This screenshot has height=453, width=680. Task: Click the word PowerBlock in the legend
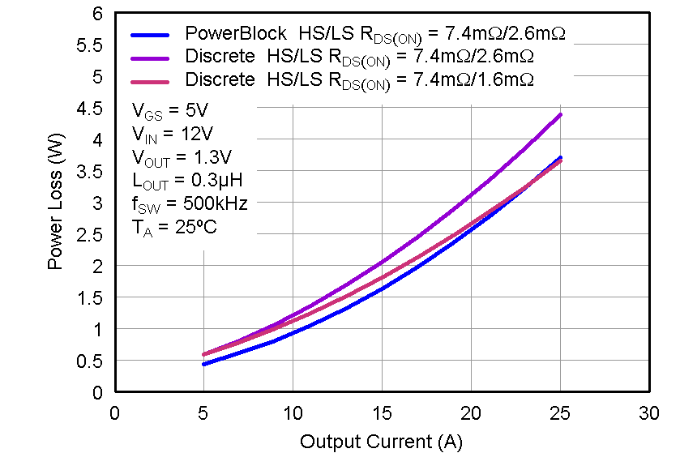[236, 33]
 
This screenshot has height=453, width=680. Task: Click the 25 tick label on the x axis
[559, 413]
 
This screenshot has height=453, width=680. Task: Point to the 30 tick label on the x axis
[648, 413]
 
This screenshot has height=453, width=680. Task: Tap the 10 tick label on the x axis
[292, 413]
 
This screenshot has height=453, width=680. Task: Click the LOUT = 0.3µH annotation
[186, 180]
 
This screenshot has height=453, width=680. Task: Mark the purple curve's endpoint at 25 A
[559, 115]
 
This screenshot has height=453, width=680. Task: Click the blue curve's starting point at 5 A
[203, 364]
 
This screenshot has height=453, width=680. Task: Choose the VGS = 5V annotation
[171, 109]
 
